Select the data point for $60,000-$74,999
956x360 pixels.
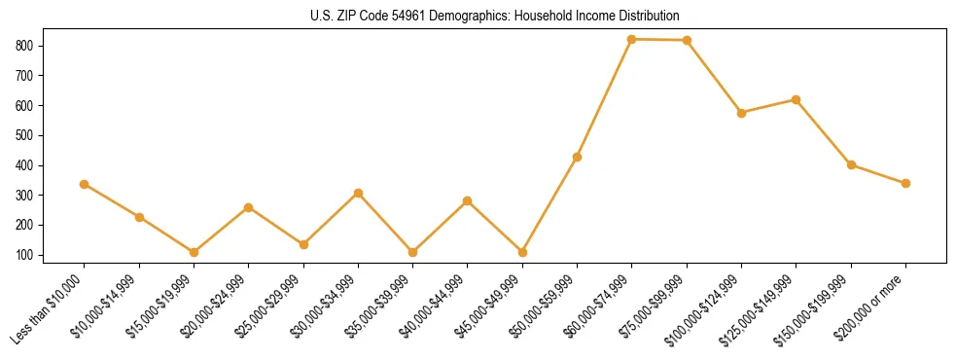632,39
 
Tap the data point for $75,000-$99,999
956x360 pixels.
687,40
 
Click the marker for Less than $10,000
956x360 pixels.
85,184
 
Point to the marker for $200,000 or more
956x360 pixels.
905,183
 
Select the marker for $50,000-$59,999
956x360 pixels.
578,157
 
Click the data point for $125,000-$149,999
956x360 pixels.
797,99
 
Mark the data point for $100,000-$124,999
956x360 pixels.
741,113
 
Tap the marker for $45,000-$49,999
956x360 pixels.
522,252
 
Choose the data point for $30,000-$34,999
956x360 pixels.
358,193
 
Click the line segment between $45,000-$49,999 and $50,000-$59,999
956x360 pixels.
549,204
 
